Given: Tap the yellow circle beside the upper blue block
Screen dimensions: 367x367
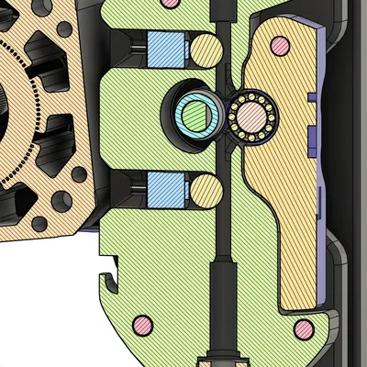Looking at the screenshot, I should pos(206,50).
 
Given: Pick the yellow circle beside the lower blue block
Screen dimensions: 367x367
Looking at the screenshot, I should pos(206,191).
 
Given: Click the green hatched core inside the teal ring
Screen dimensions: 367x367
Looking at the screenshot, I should pos(195,115).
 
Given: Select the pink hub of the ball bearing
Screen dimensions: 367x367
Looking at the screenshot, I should pos(250,116).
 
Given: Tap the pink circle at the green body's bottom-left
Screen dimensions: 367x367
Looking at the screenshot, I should pos(142,324).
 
